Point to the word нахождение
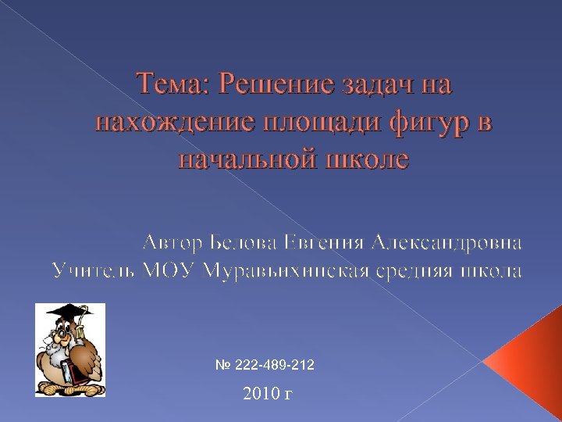click(x=173, y=122)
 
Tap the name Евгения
click(x=324, y=241)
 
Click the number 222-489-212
click(x=272, y=365)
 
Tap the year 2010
click(x=258, y=393)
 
